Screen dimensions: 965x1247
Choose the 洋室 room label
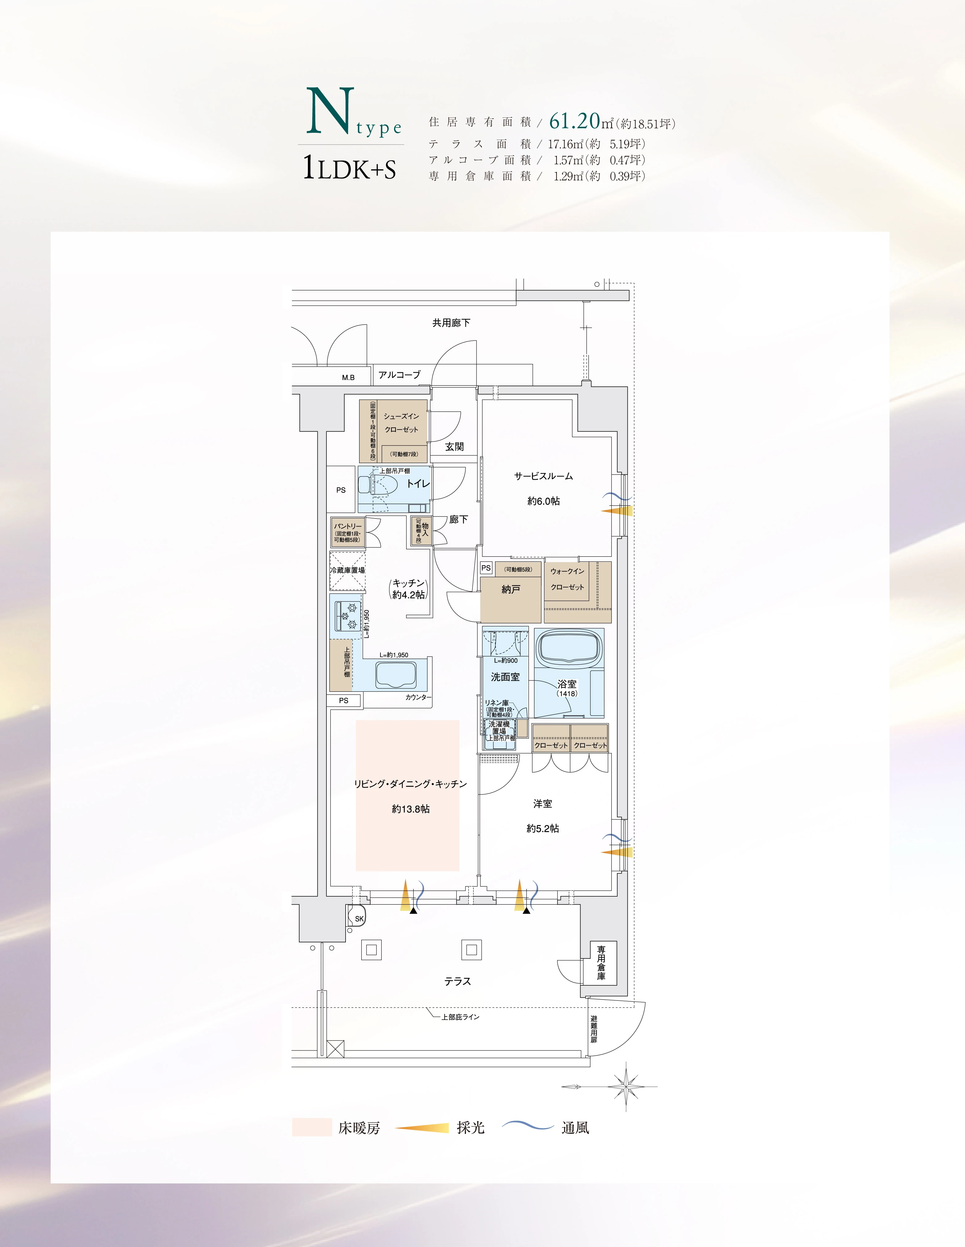pyautogui.click(x=543, y=804)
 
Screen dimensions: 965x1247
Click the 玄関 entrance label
pyautogui.click(x=454, y=446)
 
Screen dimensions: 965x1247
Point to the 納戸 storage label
pyautogui.click(x=511, y=589)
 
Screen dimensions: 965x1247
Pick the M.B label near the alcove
pyautogui.click(x=348, y=378)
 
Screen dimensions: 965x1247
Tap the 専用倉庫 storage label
pyautogui.click(x=601, y=963)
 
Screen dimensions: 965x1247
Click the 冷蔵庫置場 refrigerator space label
pyautogui.click(x=347, y=570)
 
